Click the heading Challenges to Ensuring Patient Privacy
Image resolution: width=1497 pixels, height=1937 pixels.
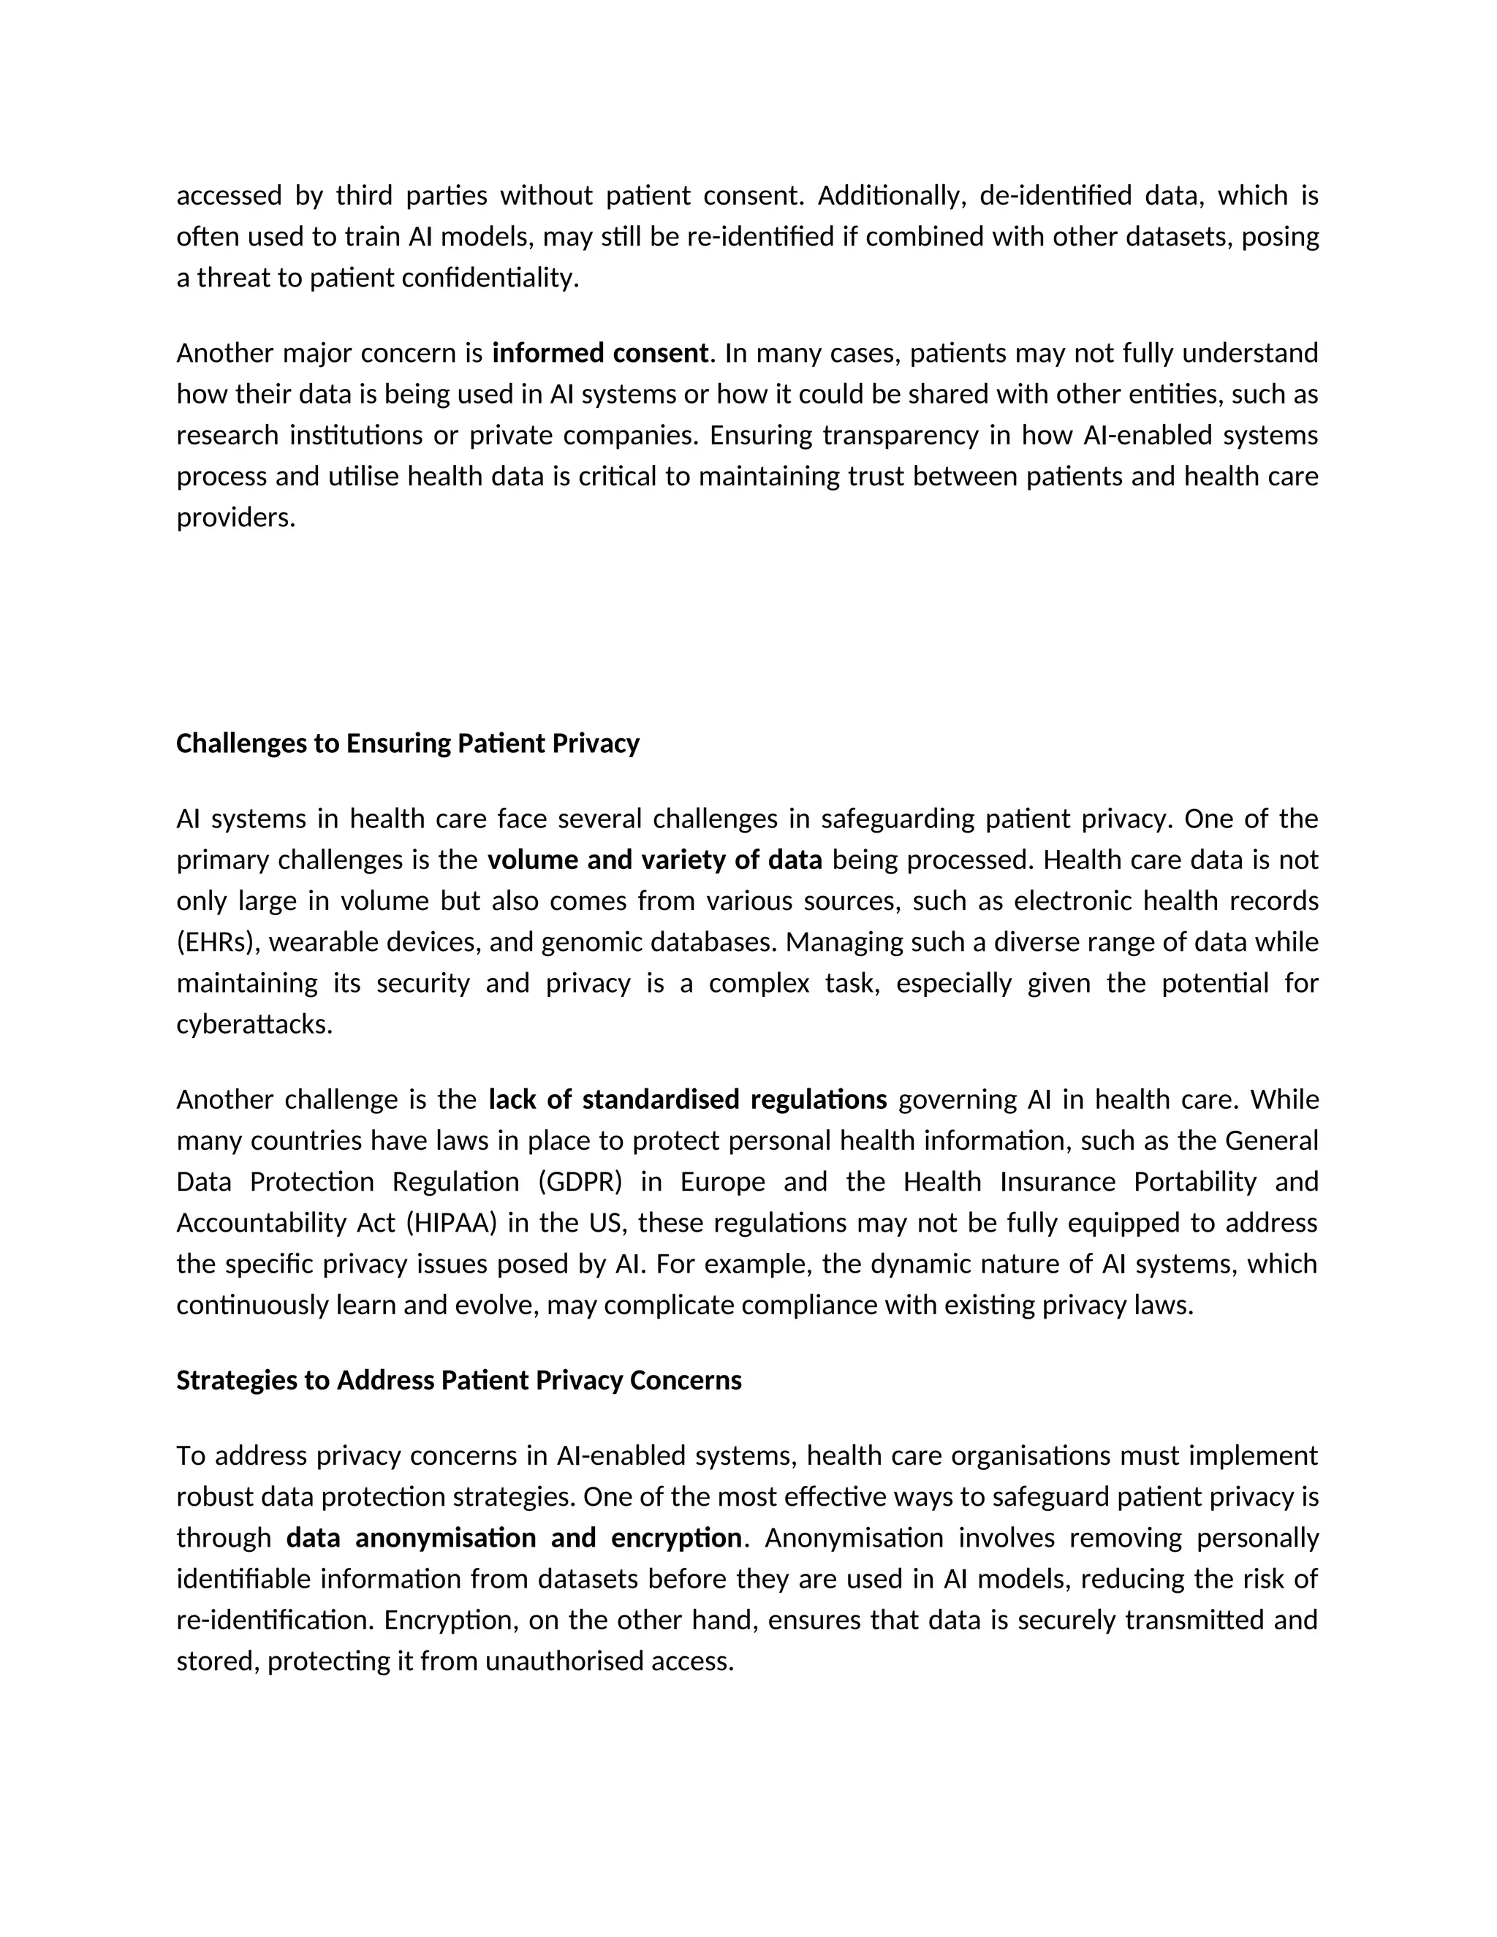coord(407,743)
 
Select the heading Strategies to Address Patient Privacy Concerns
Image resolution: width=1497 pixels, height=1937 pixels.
coord(458,1380)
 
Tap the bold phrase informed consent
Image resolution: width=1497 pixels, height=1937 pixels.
coord(600,353)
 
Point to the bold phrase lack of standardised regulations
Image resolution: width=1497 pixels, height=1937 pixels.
coord(687,1100)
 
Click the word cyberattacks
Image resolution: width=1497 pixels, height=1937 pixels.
coord(254,1024)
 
